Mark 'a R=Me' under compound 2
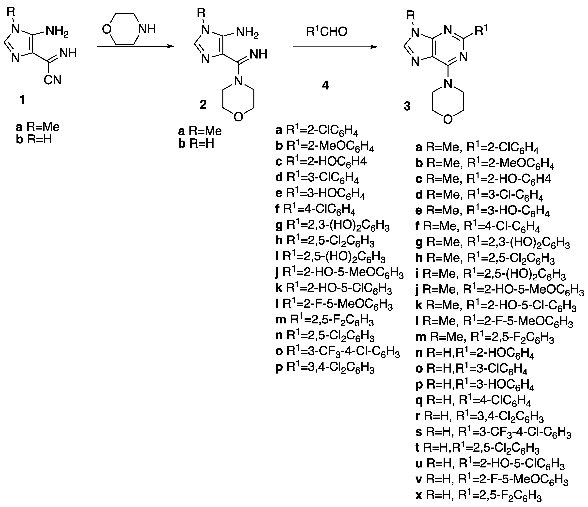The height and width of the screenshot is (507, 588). tap(200, 131)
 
